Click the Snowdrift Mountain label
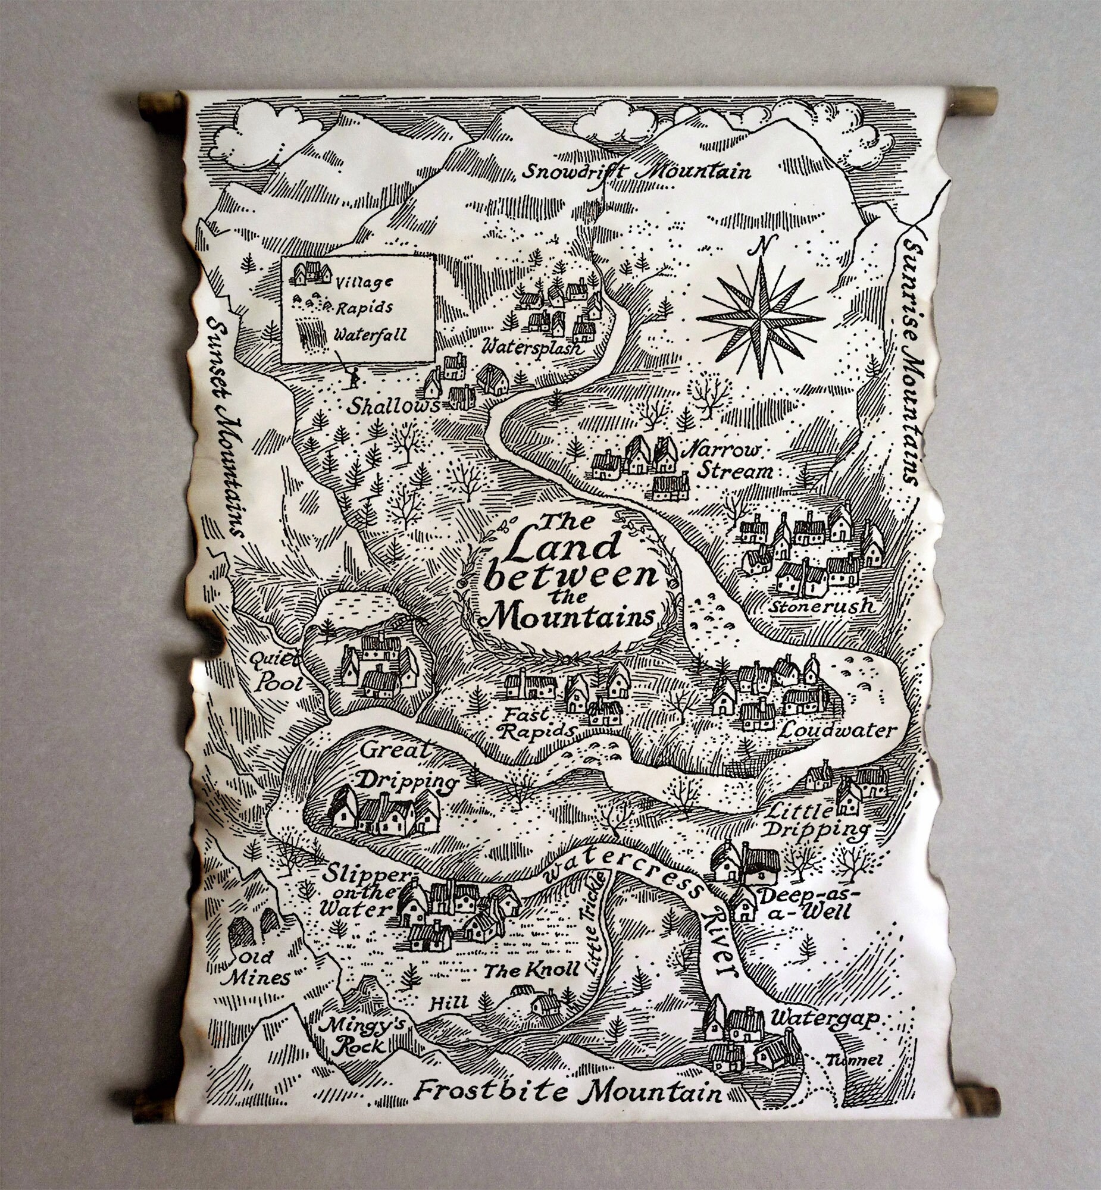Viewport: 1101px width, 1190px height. pos(636,171)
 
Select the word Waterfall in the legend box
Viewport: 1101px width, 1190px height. pos(370,335)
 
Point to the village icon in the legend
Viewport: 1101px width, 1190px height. pos(312,273)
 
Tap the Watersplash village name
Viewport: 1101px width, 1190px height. pos(532,347)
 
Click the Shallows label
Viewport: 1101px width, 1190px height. pos(393,406)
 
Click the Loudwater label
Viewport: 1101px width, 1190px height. pos(837,730)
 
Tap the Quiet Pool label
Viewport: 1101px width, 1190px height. pos(277,671)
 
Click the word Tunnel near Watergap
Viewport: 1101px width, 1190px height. pos(854,1060)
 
